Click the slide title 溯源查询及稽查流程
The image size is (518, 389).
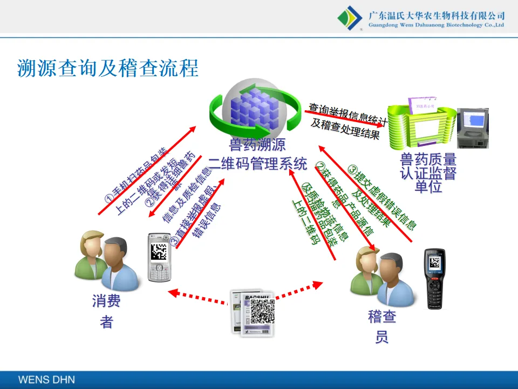108,68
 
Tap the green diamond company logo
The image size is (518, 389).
350,17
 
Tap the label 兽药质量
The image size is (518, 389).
428,159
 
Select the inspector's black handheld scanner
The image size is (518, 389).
436,279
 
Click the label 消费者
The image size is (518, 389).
106,311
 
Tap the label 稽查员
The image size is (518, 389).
382,327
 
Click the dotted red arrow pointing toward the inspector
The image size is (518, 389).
299,291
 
